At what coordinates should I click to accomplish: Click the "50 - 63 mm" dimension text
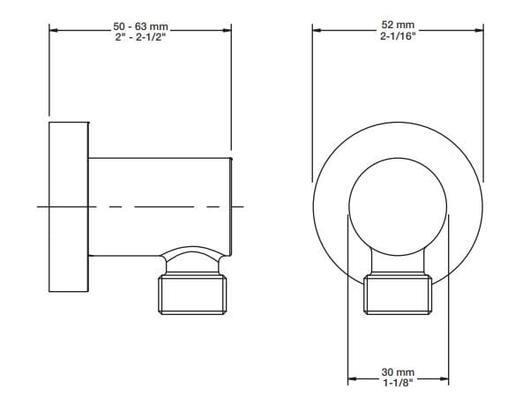[x=140, y=26]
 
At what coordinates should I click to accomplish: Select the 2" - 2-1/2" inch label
[x=140, y=37]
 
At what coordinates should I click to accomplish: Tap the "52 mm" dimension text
[x=398, y=25]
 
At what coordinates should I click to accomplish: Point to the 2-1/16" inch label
[x=398, y=36]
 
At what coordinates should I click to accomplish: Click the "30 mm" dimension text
[x=398, y=372]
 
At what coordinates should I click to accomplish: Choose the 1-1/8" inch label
[x=398, y=383]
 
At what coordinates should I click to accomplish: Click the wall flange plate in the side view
[x=69, y=207]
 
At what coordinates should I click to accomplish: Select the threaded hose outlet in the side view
[x=192, y=295]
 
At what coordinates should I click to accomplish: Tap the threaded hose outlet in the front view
[x=398, y=295]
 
